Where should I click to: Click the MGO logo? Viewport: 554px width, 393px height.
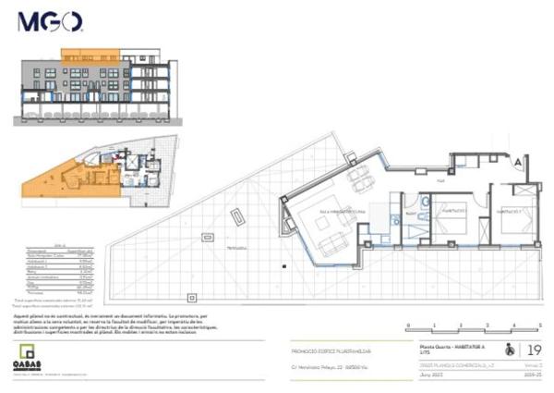[50, 21]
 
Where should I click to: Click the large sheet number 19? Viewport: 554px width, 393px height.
[533, 350]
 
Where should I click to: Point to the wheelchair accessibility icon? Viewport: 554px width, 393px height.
[506, 350]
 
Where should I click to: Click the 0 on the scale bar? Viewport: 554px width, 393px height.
[407, 325]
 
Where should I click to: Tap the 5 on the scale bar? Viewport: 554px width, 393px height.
[539, 325]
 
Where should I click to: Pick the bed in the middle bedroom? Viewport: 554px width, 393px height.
[452, 220]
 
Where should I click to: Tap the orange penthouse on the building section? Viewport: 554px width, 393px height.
[90, 54]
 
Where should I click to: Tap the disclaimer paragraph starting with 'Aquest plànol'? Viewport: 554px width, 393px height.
[111, 326]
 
